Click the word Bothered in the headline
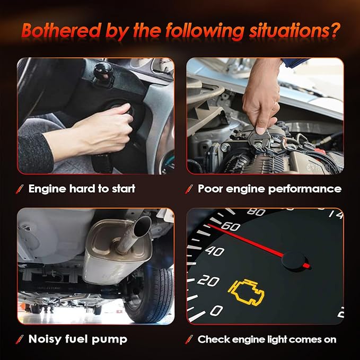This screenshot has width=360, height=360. coord(62,31)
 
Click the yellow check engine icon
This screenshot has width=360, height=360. coord(246,292)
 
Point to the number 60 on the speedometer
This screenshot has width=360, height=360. coord(231,226)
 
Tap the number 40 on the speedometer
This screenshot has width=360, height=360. coord(214,251)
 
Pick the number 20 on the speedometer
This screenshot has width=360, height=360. coord(208,280)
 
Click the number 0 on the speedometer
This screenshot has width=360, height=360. coord(216,310)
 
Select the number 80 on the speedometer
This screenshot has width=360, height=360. coord(256,212)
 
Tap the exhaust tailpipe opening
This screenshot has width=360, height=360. coord(142,226)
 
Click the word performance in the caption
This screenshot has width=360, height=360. coord(305,189)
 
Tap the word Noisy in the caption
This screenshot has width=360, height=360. coord(45,339)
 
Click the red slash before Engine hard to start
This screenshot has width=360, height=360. coord(19,190)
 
